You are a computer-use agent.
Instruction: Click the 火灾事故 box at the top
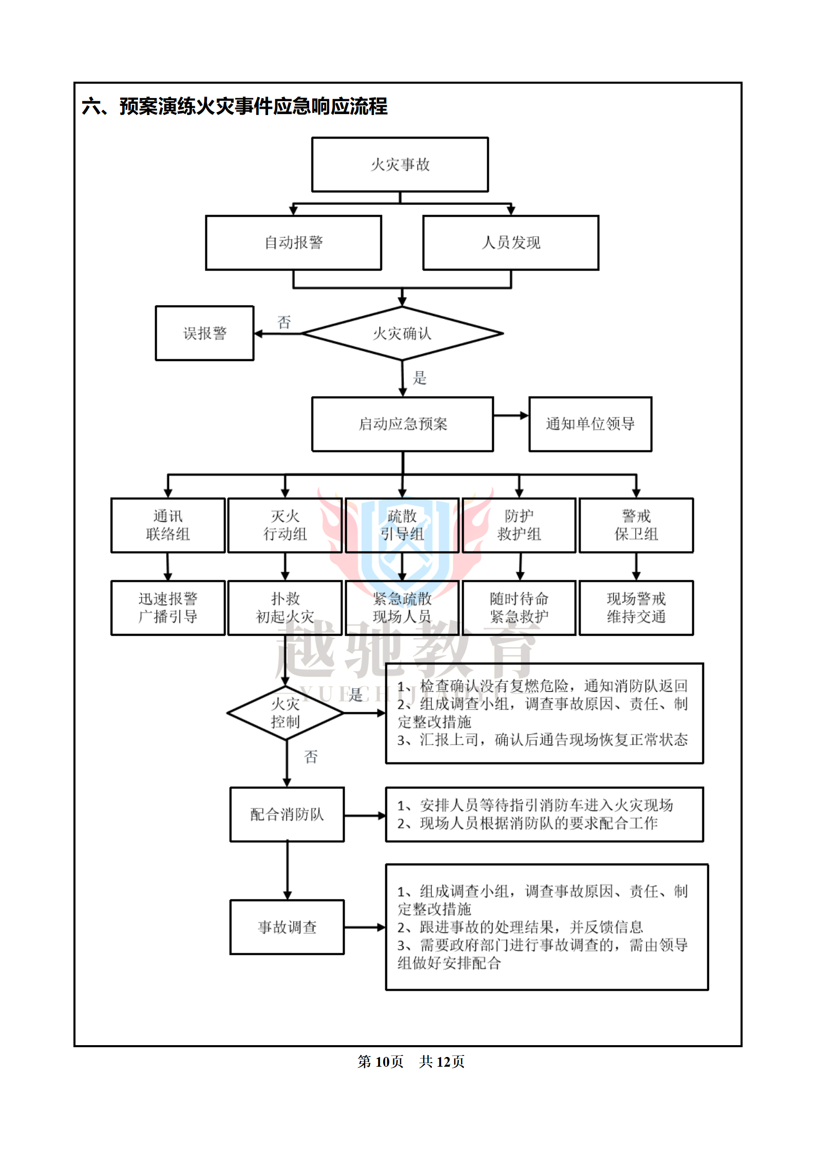coord(400,164)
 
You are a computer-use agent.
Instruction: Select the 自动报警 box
coord(293,242)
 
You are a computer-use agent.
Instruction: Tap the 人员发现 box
coord(510,242)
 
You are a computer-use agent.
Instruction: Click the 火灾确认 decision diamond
coord(402,333)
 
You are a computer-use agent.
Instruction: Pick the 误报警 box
coord(204,333)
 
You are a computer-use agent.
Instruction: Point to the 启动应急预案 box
coord(403,424)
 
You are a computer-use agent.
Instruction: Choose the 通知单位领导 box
coord(590,424)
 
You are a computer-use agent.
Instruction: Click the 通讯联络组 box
coord(168,525)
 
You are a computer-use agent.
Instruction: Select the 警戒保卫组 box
coord(636,525)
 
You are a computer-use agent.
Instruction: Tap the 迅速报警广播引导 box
coord(168,608)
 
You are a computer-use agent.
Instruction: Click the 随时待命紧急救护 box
coord(519,608)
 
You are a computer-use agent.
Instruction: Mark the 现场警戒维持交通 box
coord(636,608)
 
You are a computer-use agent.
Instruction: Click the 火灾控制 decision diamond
coord(286,713)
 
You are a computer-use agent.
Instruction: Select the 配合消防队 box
coord(287,814)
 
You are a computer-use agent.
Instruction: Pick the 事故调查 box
coord(287,927)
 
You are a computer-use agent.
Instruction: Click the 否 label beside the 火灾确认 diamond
coord(284,322)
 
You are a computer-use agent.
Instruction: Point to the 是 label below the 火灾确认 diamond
coord(420,378)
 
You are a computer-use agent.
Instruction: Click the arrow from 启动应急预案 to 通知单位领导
coord(511,415)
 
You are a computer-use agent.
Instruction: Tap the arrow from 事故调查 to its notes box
coord(365,927)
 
